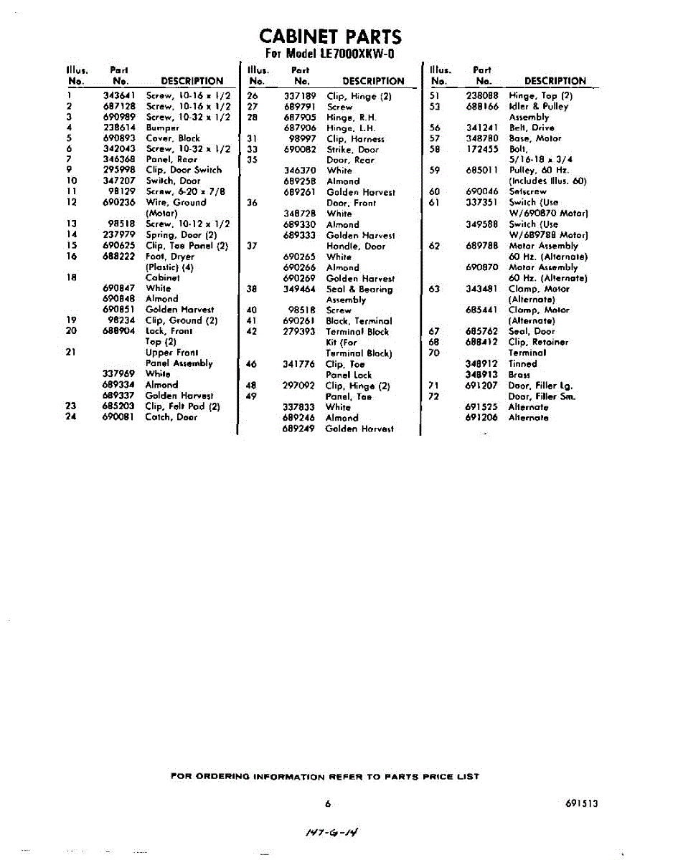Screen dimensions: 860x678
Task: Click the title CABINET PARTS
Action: click(x=330, y=37)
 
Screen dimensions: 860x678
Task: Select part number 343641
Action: click(x=118, y=95)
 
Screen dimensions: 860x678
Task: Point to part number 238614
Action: click(x=118, y=127)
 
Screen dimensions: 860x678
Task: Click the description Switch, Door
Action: click(x=173, y=181)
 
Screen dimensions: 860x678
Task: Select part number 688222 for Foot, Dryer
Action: click(x=118, y=256)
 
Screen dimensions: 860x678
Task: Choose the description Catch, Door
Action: click(x=171, y=417)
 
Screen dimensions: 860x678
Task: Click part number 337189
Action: click(x=300, y=95)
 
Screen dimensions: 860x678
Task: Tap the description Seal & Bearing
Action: click(x=359, y=289)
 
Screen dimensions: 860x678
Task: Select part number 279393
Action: click(x=300, y=332)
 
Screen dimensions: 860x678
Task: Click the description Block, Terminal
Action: click(x=357, y=321)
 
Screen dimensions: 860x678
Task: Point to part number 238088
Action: click(x=482, y=95)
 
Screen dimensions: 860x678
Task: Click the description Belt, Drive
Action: click(x=532, y=128)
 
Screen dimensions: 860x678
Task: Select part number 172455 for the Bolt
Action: click(x=482, y=149)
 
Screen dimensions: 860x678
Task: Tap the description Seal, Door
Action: click(x=532, y=331)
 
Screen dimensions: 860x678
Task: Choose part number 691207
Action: click(x=482, y=385)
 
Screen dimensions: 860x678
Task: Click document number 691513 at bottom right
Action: click(x=581, y=803)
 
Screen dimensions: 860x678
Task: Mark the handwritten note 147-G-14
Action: click(x=330, y=832)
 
